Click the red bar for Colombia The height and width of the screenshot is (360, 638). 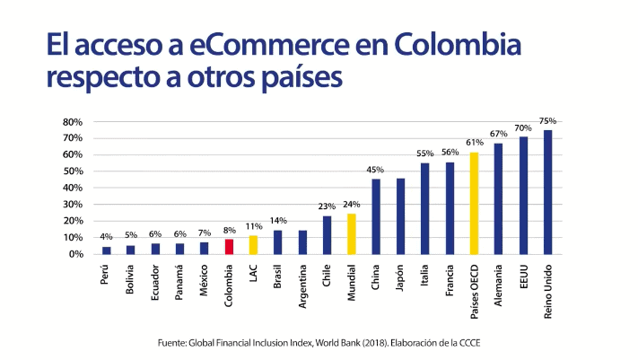(229, 246)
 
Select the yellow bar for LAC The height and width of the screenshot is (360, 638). (253, 244)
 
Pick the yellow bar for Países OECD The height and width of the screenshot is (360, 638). (475, 203)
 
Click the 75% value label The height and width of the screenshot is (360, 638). (548, 120)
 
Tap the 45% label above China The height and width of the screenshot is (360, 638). (376, 170)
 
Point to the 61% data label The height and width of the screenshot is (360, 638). (475, 143)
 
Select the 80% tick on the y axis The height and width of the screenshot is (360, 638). (73, 121)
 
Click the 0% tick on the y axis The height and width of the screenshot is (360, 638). (75, 254)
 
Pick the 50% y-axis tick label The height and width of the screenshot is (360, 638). (73, 171)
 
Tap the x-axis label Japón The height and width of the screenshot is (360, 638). (401, 275)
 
